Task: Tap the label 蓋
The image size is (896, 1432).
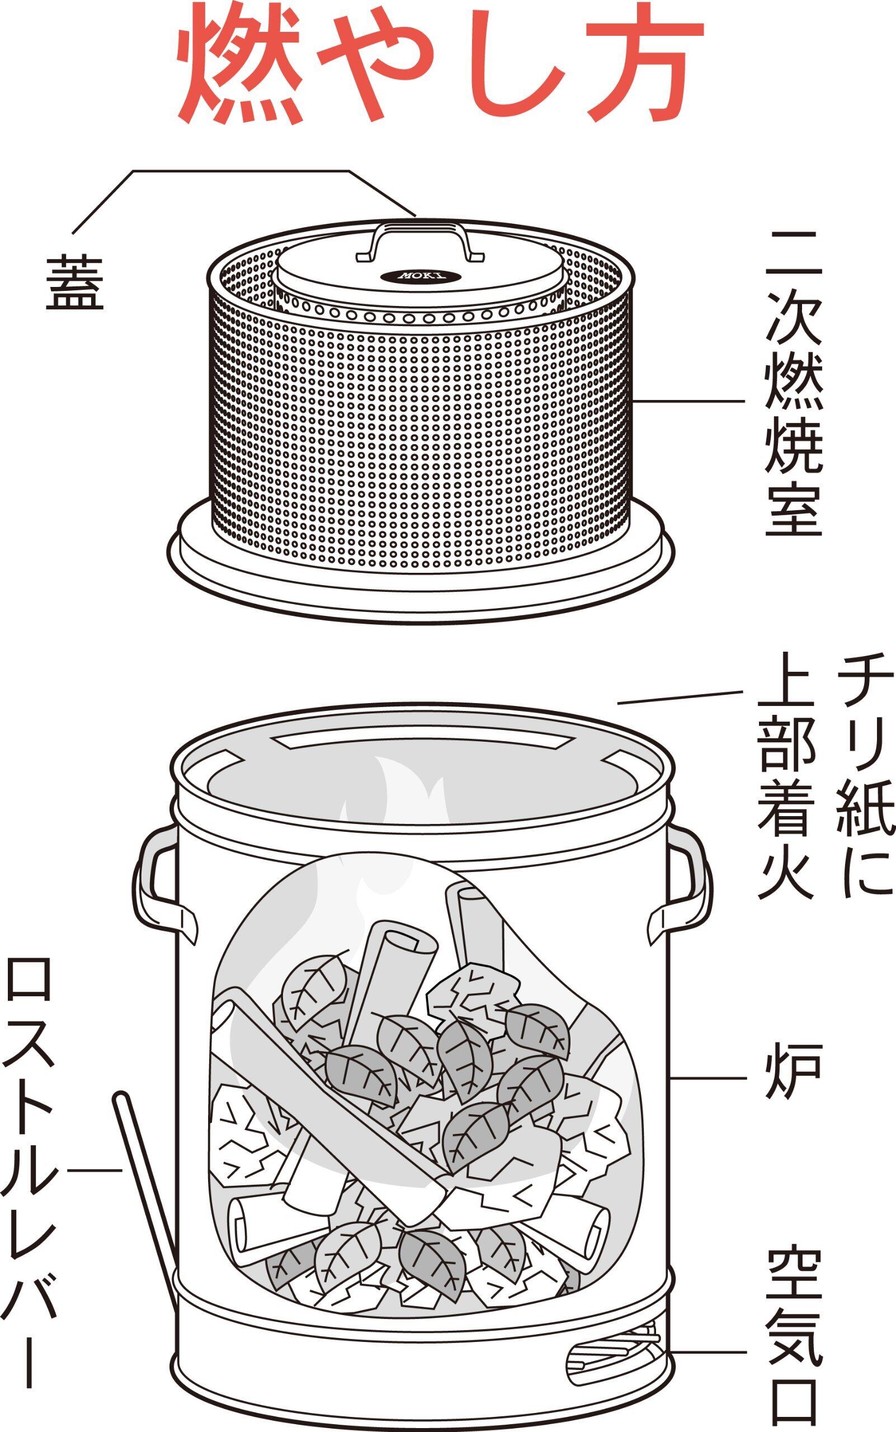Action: click(x=76, y=283)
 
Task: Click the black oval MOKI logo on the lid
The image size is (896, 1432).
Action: click(x=421, y=276)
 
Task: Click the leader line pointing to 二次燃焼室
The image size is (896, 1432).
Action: click(x=687, y=401)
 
